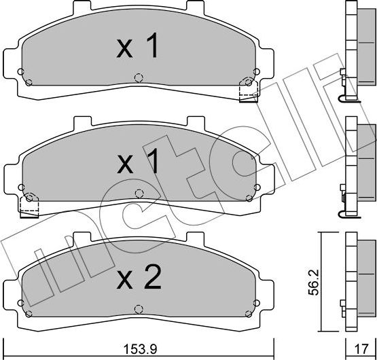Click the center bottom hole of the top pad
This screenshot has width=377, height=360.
pos(139,77)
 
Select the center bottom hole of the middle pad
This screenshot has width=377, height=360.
pos(139,192)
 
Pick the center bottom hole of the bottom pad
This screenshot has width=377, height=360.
pos(139,306)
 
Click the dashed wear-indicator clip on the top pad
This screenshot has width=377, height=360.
pos(249,91)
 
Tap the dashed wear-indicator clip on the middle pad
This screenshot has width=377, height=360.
pos(29,206)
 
